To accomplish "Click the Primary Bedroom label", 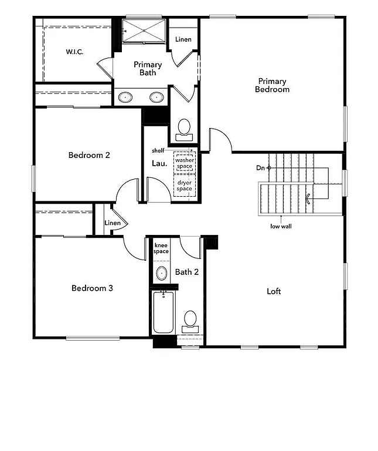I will (272, 85).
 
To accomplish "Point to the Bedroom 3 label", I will (92, 288).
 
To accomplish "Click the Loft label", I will (274, 291).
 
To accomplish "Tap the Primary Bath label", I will (148, 69).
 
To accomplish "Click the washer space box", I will (185, 163).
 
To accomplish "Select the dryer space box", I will (185, 186).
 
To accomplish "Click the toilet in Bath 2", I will (190, 319).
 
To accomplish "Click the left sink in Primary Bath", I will (125, 97).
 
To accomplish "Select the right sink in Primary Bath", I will (156, 97).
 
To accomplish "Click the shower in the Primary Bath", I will (144, 31).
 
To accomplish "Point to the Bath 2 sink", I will (161, 272).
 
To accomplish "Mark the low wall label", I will (281, 226).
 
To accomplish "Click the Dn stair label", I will (260, 168).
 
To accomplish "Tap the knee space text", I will (161, 248).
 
